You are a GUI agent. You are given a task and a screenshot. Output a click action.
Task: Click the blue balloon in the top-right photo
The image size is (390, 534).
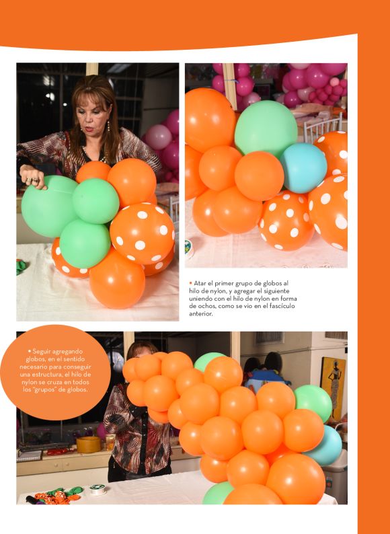pos(303,168)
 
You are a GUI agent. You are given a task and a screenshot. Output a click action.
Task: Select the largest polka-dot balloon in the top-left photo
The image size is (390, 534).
pos(142,233)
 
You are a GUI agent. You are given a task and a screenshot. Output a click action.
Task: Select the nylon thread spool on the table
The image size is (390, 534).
pos(97,489)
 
